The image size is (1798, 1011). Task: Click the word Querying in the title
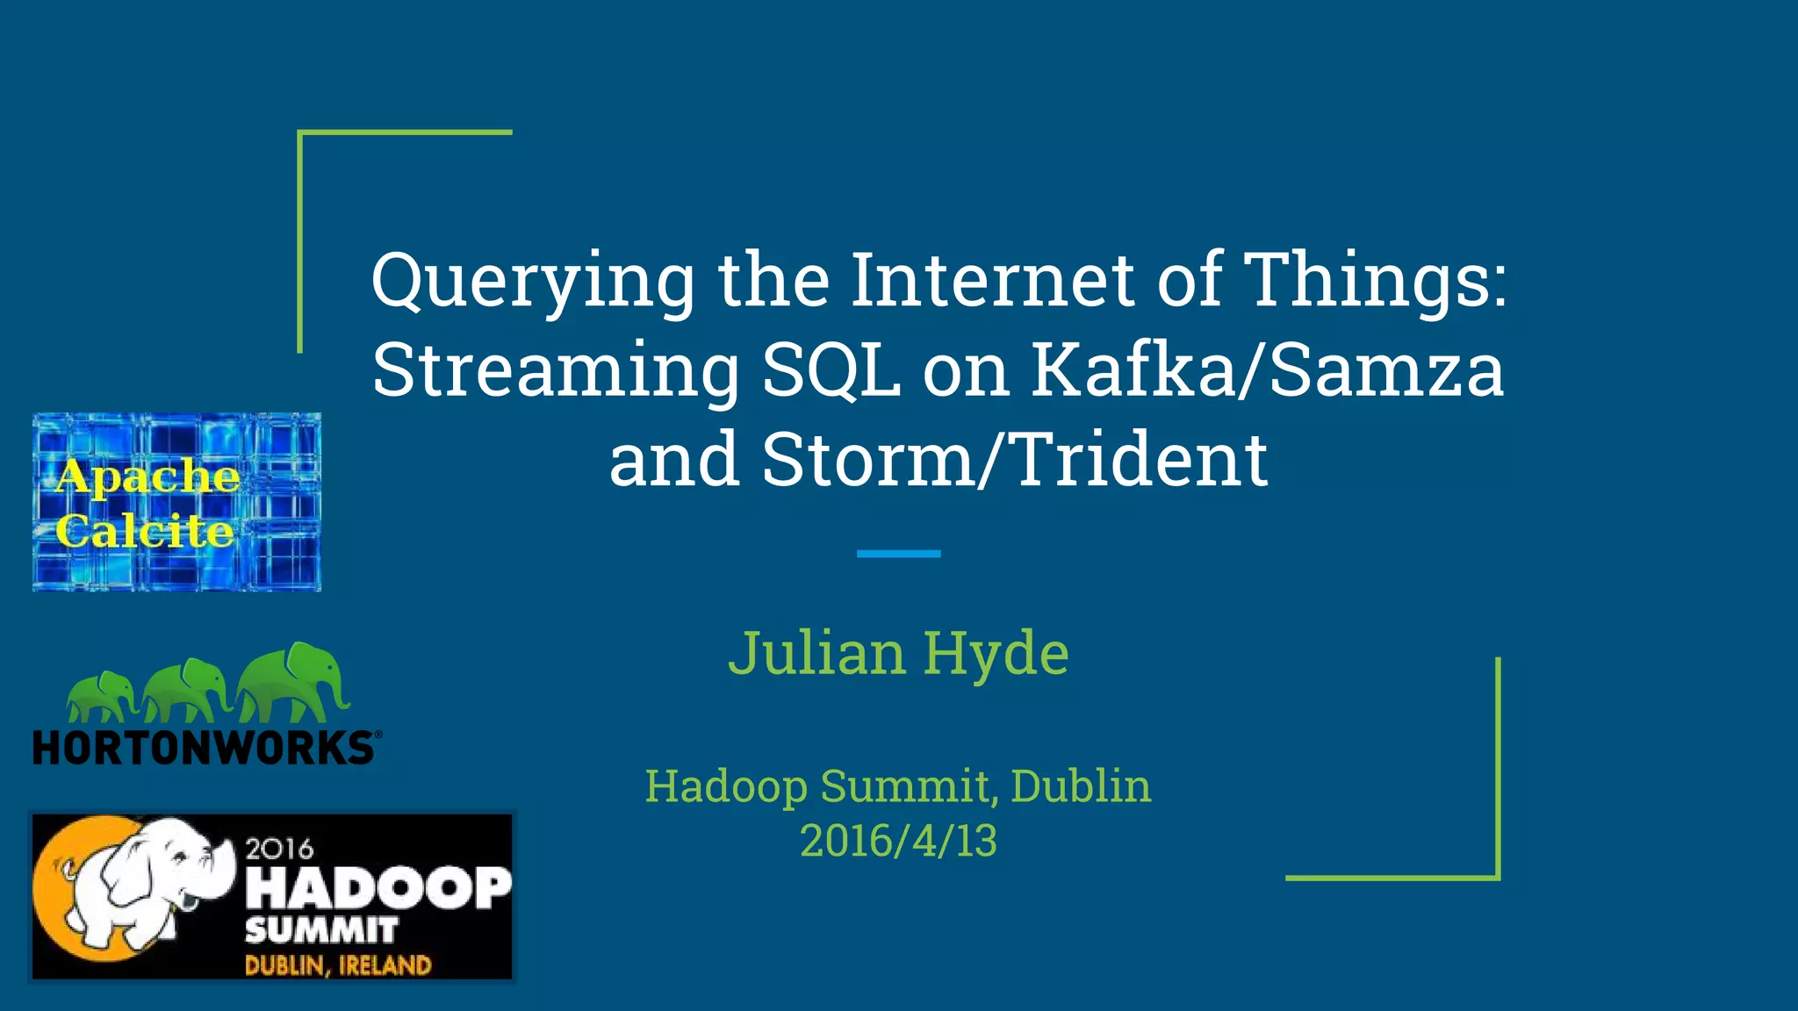click(x=533, y=282)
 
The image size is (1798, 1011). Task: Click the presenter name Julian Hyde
click(x=898, y=654)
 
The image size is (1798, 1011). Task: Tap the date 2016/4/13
click(x=898, y=841)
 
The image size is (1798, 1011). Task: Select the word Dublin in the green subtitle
click(x=1080, y=785)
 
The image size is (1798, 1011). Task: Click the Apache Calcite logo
click(x=176, y=502)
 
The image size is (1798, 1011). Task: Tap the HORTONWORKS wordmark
click(x=204, y=749)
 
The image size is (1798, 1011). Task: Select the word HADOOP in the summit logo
click(x=378, y=887)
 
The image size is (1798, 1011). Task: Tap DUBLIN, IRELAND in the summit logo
click(x=338, y=965)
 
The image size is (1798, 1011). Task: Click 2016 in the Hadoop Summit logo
click(x=279, y=849)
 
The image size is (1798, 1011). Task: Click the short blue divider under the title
click(x=898, y=554)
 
